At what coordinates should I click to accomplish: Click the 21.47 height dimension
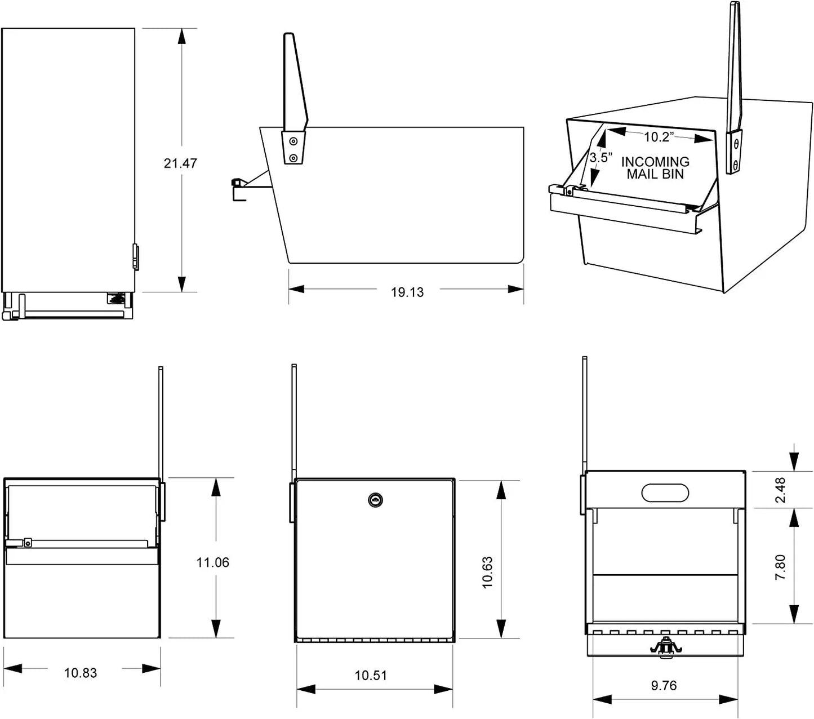click(180, 163)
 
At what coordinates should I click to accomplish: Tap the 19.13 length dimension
click(407, 292)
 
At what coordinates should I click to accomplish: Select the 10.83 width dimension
click(81, 673)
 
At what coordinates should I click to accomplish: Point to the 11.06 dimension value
click(213, 562)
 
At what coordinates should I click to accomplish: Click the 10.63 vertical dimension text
click(488, 572)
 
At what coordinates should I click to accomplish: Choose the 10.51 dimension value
click(371, 675)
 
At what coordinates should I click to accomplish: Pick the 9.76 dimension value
click(664, 686)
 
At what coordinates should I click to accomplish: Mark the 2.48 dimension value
click(781, 490)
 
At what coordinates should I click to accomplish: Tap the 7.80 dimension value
click(781, 567)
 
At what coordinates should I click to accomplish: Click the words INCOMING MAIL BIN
click(655, 168)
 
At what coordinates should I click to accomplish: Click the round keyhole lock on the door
click(375, 500)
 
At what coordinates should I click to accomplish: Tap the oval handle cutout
click(665, 492)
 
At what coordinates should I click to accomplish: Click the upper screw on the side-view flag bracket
click(293, 141)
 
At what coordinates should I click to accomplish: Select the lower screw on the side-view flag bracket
click(293, 158)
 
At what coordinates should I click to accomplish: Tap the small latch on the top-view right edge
click(135, 257)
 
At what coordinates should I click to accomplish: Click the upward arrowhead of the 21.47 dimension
click(181, 36)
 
